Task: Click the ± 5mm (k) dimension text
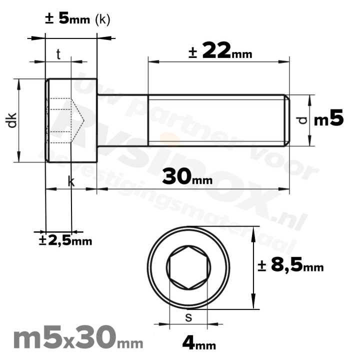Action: [77, 19]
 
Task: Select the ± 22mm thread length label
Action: [220, 51]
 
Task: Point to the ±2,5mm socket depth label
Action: [65, 241]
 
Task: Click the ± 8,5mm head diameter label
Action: [290, 265]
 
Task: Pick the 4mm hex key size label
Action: [198, 343]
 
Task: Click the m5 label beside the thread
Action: [328, 119]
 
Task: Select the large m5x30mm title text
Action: [77, 339]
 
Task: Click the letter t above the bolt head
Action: [58, 54]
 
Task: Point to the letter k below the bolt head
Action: [71, 182]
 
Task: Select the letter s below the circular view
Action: [188, 317]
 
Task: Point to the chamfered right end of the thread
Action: [287, 120]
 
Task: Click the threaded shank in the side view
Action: [215, 120]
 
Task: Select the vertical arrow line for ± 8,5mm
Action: [254, 267]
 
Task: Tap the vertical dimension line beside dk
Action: [19, 120]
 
